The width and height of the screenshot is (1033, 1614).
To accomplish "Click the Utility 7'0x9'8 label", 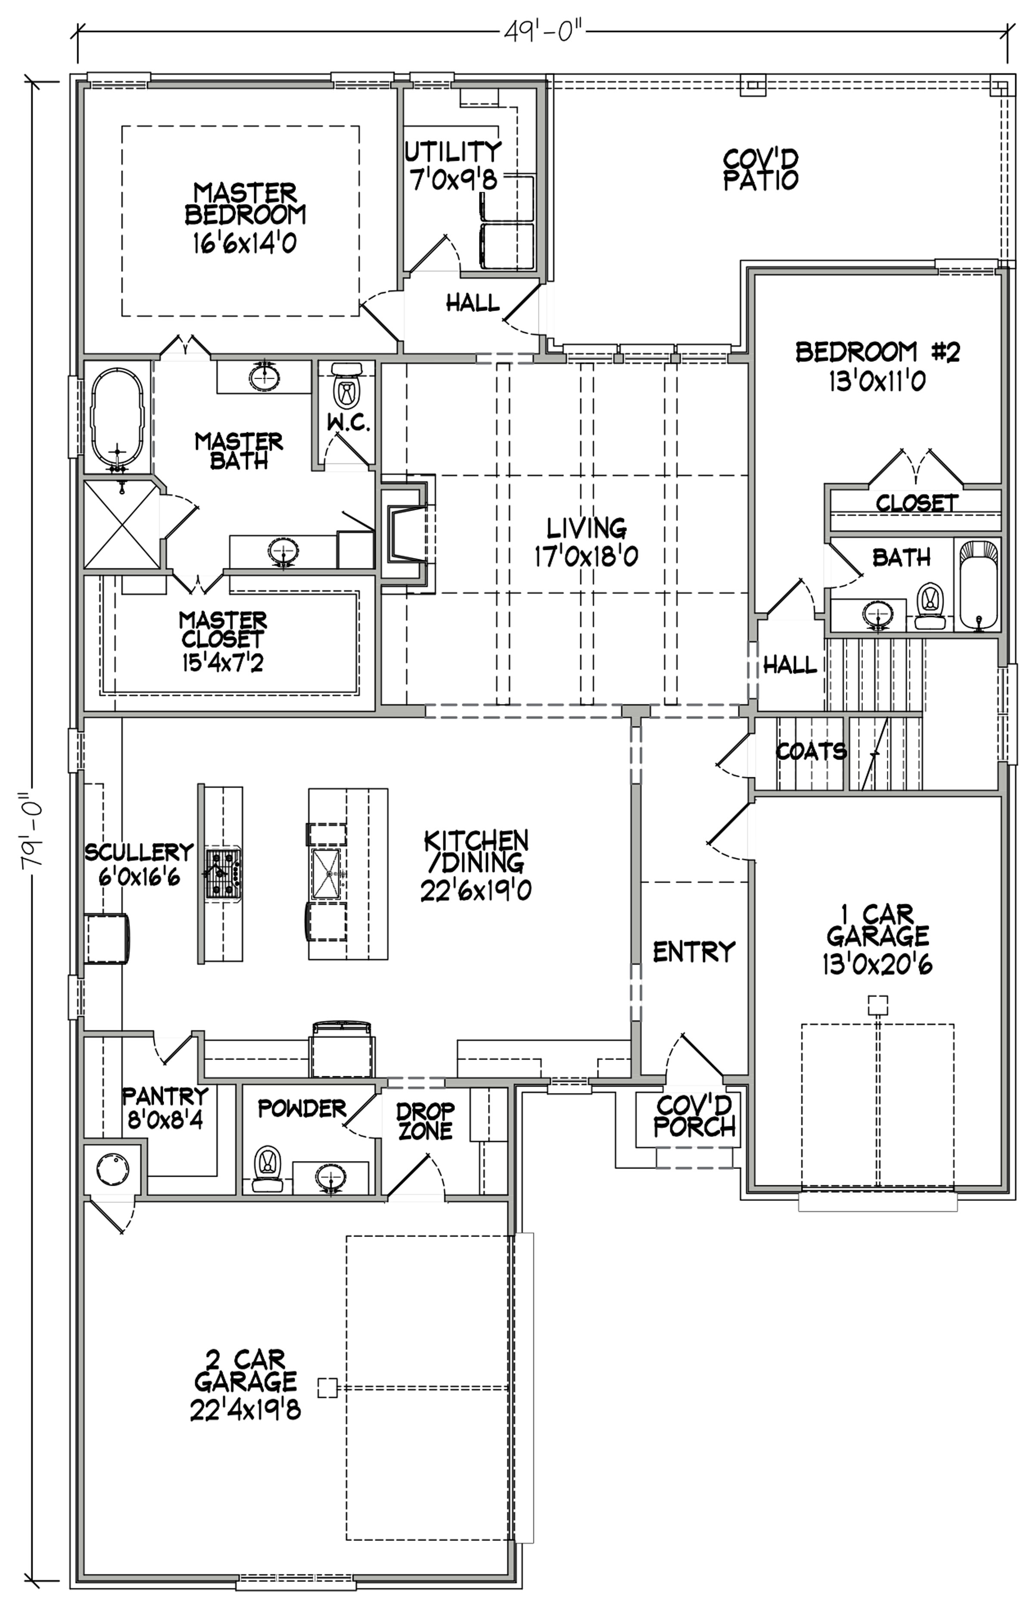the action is [454, 165].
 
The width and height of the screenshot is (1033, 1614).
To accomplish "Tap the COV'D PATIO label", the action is [761, 170].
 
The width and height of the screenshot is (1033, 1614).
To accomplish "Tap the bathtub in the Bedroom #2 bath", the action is [979, 585].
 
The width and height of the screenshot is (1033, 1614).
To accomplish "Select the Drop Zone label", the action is [425, 1122].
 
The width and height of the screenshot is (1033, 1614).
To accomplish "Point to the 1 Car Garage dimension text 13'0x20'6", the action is [877, 965].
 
